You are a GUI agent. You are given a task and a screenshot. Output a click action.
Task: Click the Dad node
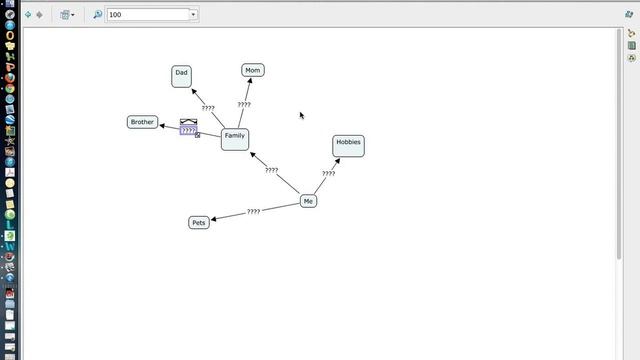[x=181, y=74]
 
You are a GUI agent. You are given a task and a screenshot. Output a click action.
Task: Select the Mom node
[x=253, y=70]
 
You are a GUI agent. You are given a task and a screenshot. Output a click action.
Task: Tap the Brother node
[x=143, y=122]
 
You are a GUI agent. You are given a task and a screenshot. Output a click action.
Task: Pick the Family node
[x=234, y=138]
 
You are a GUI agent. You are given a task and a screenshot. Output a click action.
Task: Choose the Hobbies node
[x=348, y=145]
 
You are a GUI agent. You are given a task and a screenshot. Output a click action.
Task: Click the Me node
[x=308, y=201]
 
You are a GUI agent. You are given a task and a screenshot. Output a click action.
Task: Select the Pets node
[x=199, y=222]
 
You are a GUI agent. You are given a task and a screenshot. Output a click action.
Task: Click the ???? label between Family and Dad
[x=208, y=108]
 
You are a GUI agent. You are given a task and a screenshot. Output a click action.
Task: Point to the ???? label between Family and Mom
[x=243, y=104]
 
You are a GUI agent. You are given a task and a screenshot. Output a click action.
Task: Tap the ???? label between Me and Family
[x=271, y=170]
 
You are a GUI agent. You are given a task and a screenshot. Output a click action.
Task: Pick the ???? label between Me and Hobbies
[x=328, y=174]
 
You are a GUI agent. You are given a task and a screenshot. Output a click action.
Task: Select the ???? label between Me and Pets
[x=253, y=212]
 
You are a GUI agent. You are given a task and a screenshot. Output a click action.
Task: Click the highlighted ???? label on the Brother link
[x=188, y=131]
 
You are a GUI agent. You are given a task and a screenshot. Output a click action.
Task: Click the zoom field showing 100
[x=147, y=15]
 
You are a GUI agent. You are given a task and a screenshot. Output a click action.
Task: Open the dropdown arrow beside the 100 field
[x=193, y=15]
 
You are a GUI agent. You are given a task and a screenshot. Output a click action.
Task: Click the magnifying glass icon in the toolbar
[x=98, y=15]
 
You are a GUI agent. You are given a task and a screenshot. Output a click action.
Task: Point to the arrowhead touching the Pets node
[x=214, y=218]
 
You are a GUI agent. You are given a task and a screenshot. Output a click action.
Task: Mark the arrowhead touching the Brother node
[x=162, y=125]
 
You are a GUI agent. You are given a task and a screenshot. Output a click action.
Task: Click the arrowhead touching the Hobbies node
[x=337, y=160]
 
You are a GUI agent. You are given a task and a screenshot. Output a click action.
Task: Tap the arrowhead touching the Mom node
[x=250, y=81]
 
